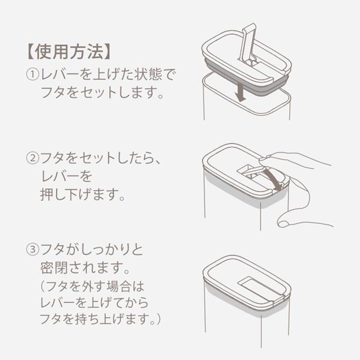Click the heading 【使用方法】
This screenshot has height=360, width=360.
click(x=65, y=51)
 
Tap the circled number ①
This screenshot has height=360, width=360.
click(x=32, y=76)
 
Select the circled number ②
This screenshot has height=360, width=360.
click(x=32, y=159)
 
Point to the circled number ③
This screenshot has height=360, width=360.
click(x=32, y=248)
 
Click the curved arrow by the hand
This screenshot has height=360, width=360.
click(x=274, y=178)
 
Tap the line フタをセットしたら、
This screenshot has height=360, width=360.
click(x=100, y=159)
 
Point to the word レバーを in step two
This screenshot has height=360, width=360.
click(x=65, y=178)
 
